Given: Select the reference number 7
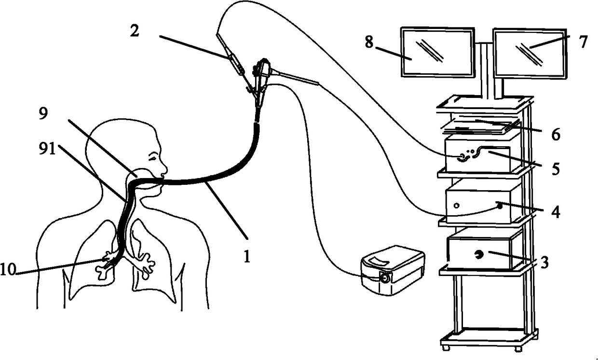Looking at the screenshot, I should [x=583, y=42].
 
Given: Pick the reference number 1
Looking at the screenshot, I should [x=246, y=256].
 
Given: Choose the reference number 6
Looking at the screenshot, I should [x=556, y=135].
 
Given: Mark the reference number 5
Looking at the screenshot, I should [x=555, y=170].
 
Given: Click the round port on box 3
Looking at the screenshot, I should [x=480, y=254].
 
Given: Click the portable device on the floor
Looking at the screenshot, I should [x=393, y=270].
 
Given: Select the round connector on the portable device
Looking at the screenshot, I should [x=385, y=278].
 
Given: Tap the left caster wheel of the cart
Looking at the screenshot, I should [x=444, y=347].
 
